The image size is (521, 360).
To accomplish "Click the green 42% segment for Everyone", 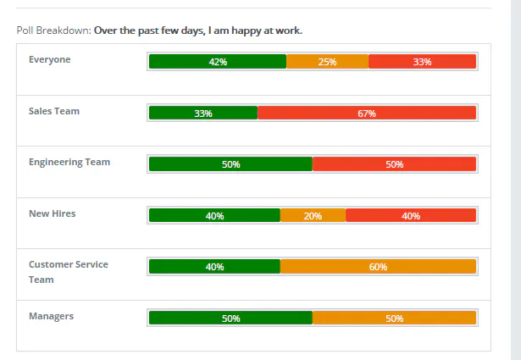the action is pos(218,62).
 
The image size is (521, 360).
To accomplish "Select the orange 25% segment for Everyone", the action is pos(327,62).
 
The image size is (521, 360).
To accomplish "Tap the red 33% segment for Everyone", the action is pos(423,62).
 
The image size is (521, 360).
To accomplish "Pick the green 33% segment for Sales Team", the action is pos(203,113).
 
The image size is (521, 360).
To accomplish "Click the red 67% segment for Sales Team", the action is pos(367,113).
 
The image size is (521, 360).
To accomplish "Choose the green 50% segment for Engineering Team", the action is pos(230,164).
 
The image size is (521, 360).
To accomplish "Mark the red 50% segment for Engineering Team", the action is pos(394,164).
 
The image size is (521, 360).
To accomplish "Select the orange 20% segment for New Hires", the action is pos(313,215).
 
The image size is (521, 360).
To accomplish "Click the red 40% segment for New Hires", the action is pos(411,215).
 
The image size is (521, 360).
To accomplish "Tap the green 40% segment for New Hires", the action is pos(214,215).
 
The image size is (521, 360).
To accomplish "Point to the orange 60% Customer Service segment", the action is pos(378,266).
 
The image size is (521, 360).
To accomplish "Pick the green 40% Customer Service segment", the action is pos(214,266).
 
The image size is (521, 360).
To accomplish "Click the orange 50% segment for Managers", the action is pos(394,318).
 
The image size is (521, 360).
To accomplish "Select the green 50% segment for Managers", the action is pos(230,318).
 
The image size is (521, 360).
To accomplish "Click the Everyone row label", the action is pos(49,60).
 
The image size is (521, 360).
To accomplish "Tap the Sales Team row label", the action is pos(54,111).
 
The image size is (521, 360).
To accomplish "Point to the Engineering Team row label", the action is pos(69,163).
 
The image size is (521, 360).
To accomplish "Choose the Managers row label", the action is pos(51,316).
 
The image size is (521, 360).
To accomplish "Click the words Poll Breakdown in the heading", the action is pos(54,30).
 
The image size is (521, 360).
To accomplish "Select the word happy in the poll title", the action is pos(247,30).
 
